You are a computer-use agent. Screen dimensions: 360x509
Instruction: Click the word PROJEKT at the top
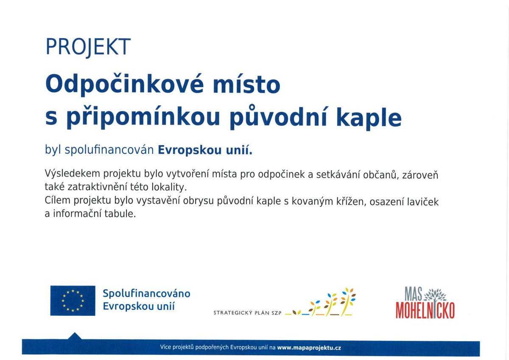coord(88,47)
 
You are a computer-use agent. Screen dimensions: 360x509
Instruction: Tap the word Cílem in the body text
coord(58,201)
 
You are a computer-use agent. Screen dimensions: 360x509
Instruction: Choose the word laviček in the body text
coord(422,201)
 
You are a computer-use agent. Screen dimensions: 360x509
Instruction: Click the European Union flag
coord(73,301)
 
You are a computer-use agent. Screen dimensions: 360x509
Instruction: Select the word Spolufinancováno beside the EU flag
coord(146,293)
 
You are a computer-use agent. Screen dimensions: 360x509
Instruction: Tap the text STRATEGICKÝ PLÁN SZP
coord(247,313)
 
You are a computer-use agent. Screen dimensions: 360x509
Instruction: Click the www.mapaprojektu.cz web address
coord(309,348)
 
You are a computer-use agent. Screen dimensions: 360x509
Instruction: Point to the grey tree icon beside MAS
coord(435,294)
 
